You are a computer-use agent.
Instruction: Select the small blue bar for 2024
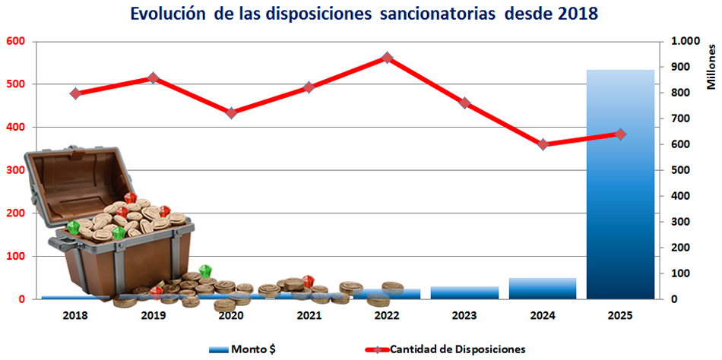pos(542,288)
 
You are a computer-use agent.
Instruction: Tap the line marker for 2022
pos(387,58)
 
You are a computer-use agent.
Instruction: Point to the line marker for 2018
pos(75,93)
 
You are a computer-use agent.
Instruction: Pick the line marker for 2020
pos(231,113)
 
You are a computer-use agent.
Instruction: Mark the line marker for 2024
pos(543,144)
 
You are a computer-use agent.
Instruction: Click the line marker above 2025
pos(620,134)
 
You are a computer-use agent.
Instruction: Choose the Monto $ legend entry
pos(243,349)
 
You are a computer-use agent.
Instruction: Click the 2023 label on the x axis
pos(464,314)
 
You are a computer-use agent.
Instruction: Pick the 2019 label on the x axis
pos(153,314)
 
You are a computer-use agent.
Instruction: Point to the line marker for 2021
pos(309,87)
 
